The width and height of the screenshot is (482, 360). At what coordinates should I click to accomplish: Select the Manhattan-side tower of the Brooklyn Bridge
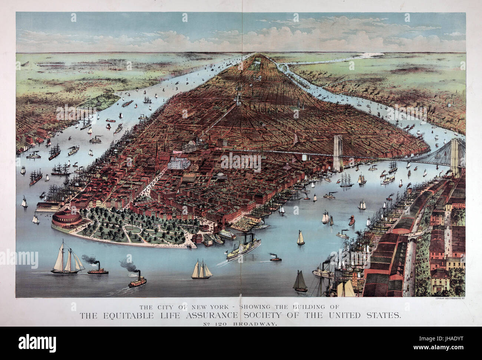337,152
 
